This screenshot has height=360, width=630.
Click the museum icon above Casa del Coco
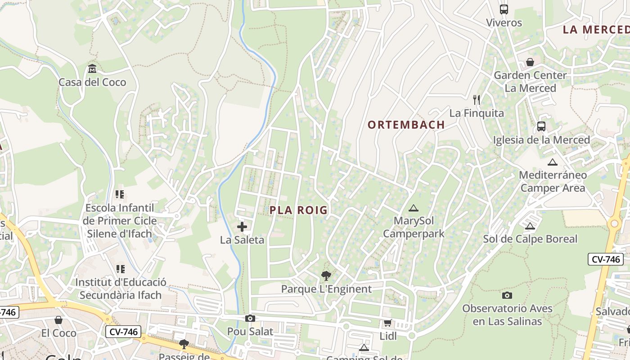pyautogui.click(x=92, y=69)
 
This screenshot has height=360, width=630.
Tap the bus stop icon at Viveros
pyautogui.click(x=504, y=9)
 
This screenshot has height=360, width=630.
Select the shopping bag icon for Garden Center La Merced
pyautogui.click(x=530, y=62)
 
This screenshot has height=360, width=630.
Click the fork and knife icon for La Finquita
pyautogui.click(x=477, y=100)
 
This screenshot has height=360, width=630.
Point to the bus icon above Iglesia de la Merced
pyautogui.click(x=541, y=126)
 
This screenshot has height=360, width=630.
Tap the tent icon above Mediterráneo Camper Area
pyautogui.click(x=553, y=162)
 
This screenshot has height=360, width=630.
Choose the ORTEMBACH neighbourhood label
pyautogui.click(x=406, y=125)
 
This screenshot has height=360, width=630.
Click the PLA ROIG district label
pyautogui.click(x=299, y=210)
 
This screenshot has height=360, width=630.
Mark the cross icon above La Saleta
pyautogui.click(x=242, y=227)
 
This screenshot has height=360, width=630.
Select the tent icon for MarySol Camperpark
pyautogui.click(x=413, y=208)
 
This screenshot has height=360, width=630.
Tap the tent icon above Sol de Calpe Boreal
pyautogui.click(x=530, y=226)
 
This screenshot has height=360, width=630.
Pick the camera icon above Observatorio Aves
pyautogui.click(x=507, y=296)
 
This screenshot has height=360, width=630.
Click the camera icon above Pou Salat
pyautogui.click(x=250, y=319)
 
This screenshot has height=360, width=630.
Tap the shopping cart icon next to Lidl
pyautogui.click(x=387, y=323)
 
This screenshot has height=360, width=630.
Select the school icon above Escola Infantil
pyautogui.click(x=120, y=194)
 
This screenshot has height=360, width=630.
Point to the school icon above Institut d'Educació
pyautogui.click(x=120, y=269)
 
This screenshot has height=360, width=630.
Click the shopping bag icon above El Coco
pyautogui.click(x=58, y=320)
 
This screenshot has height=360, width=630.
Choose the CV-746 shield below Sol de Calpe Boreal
pyautogui.click(x=605, y=259)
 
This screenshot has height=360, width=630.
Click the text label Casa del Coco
pyautogui.click(x=92, y=82)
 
